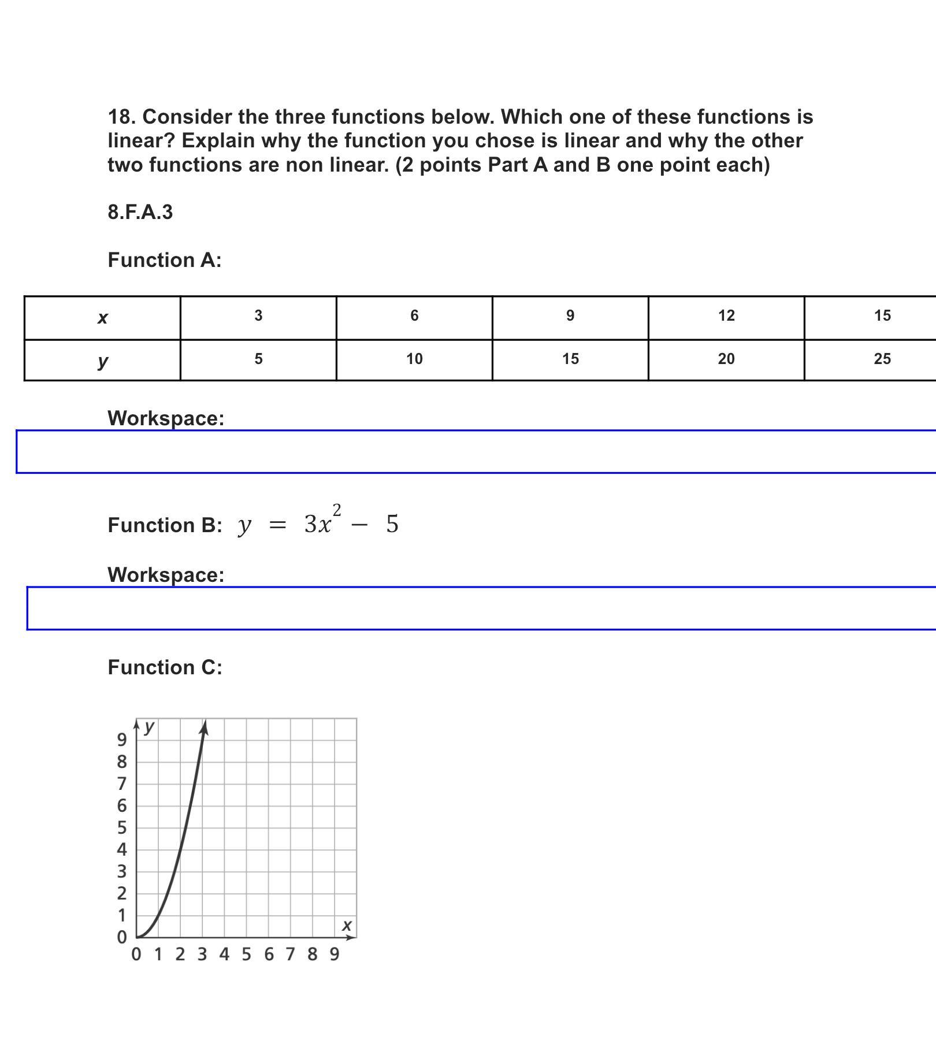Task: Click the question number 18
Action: [x=121, y=117]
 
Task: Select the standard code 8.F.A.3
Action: [x=140, y=213]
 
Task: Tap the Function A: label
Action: [x=165, y=260]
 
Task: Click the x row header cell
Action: [x=102, y=318]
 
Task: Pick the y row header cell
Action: [x=102, y=361]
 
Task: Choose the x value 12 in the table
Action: [x=726, y=315]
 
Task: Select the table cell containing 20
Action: [x=726, y=359]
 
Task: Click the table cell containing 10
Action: [x=414, y=359]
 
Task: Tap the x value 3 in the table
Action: [x=258, y=315]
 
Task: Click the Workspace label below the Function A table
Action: [x=166, y=418]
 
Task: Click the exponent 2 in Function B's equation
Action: [x=337, y=510]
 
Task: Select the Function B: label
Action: [x=165, y=525]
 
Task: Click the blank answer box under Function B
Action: [x=480, y=608]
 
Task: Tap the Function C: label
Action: [x=165, y=667]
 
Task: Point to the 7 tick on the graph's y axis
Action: [x=122, y=784]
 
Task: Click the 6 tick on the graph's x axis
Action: [x=269, y=954]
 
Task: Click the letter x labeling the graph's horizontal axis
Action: [x=347, y=926]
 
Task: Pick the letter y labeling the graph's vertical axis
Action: [x=150, y=726]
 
